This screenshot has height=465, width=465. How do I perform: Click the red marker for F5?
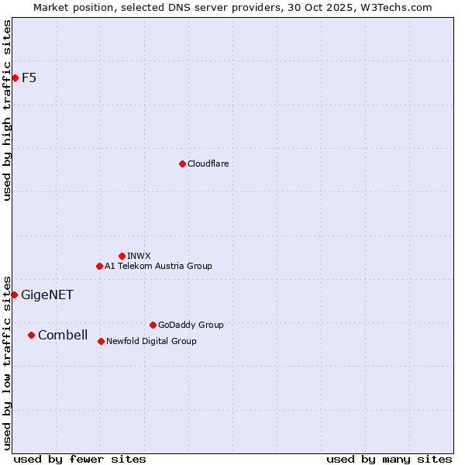15,77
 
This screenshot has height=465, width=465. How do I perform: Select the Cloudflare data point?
182,164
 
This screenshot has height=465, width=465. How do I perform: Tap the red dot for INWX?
122,256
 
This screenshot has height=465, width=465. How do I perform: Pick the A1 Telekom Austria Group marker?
99,266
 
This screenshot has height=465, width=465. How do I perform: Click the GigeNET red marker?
14,294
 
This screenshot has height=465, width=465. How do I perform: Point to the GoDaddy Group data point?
153,325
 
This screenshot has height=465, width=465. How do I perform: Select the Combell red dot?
31,335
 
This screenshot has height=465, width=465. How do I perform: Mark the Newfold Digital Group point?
101,341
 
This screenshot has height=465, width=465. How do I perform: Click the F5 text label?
29,77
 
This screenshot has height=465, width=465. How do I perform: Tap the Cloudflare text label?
208,164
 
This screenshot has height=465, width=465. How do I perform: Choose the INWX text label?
139,256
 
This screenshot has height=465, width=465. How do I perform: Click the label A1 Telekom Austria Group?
158,266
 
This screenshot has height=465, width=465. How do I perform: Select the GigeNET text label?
47,294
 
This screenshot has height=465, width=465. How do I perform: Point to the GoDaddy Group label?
191,325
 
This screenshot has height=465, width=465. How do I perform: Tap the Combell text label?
63,335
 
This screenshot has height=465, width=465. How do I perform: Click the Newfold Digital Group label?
151,341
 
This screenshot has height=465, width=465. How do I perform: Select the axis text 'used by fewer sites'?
80,459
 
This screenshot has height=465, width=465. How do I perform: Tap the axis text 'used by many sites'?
389,459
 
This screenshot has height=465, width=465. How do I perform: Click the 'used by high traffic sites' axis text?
7,110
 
